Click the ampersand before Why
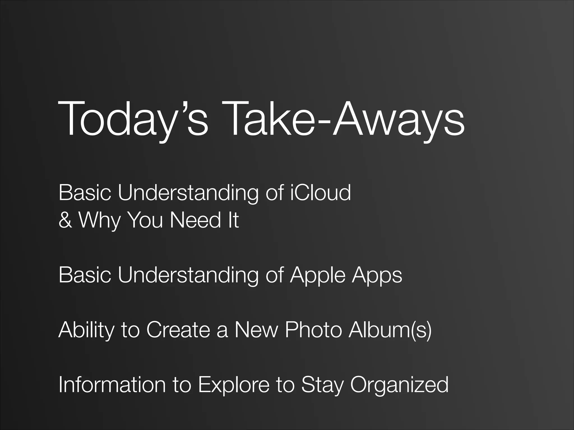coord(65,220)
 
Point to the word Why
coord(99,220)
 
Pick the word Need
coord(196,220)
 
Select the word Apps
coord(377,275)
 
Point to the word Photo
coord(313,330)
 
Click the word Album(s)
coord(390,330)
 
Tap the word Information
coord(112,385)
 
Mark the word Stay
coord(322,385)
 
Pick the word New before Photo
coord(256,330)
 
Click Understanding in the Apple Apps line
coord(188,275)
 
